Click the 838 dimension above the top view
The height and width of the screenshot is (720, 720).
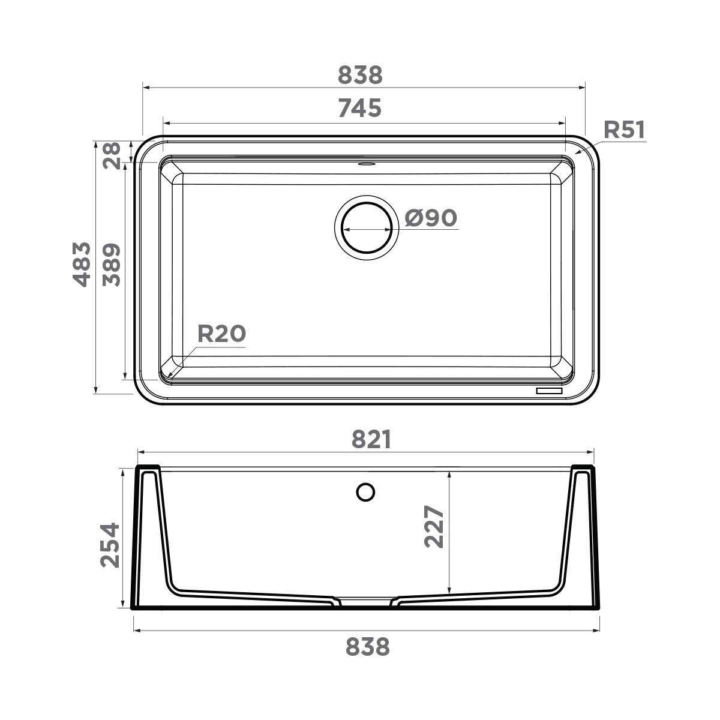pyautogui.click(x=360, y=76)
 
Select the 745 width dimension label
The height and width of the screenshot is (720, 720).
pyautogui.click(x=359, y=108)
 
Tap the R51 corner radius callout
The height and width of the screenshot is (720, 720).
pyautogui.click(x=623, y=130)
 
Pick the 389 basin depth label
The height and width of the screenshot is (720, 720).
pyautogui.click(x=112, y=265)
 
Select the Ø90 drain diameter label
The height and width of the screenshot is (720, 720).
pyautogui.click(x=431, y=218)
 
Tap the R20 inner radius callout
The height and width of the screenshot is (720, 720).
pyautogui.click(x=221, y=334)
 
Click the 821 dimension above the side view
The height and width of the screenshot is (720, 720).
pyautogui.click(x=371, y=440)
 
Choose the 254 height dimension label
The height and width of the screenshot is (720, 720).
pyautogui.click(x=110, y=545)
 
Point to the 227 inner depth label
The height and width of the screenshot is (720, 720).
pyautogui.click(x=434, y=527)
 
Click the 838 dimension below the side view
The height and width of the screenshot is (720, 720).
pyautogui.click(x=368, y=647)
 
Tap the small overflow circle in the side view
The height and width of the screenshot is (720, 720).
pyautogui.click(x=365, y=492)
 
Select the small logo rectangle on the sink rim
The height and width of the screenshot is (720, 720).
pyautogui.click(x=549, y=391)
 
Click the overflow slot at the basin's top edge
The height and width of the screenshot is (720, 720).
pyautogui.click(x=366, y=163)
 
